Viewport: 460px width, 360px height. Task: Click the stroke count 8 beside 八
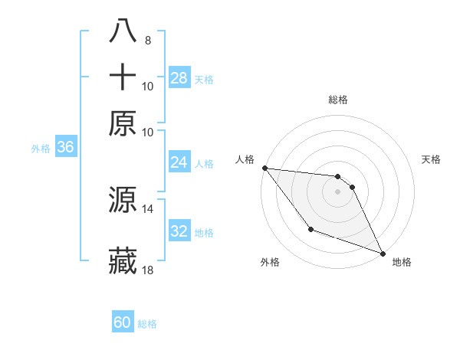pos(147,40)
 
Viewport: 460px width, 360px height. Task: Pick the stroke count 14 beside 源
pos(148,208)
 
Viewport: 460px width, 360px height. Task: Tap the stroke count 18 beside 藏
pos(148,270)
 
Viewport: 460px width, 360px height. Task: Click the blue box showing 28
pos(179,78)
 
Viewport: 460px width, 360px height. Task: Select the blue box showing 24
pos(179,162)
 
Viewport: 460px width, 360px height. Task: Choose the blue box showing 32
pos(179,231)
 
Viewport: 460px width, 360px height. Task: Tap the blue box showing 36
pos(65,148)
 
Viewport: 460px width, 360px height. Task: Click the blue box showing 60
pos(123,322)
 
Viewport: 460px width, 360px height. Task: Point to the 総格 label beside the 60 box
pos(148,324)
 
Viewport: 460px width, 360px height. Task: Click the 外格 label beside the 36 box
pos(41,149)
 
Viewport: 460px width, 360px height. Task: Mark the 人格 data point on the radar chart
pos(264,168)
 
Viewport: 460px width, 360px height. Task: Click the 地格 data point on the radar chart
pos(383,254)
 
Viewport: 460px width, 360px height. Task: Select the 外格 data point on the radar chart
pos(310,229)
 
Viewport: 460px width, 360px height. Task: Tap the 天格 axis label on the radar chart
pos(431,159)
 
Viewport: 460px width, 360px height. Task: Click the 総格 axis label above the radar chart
pos(337,100)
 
